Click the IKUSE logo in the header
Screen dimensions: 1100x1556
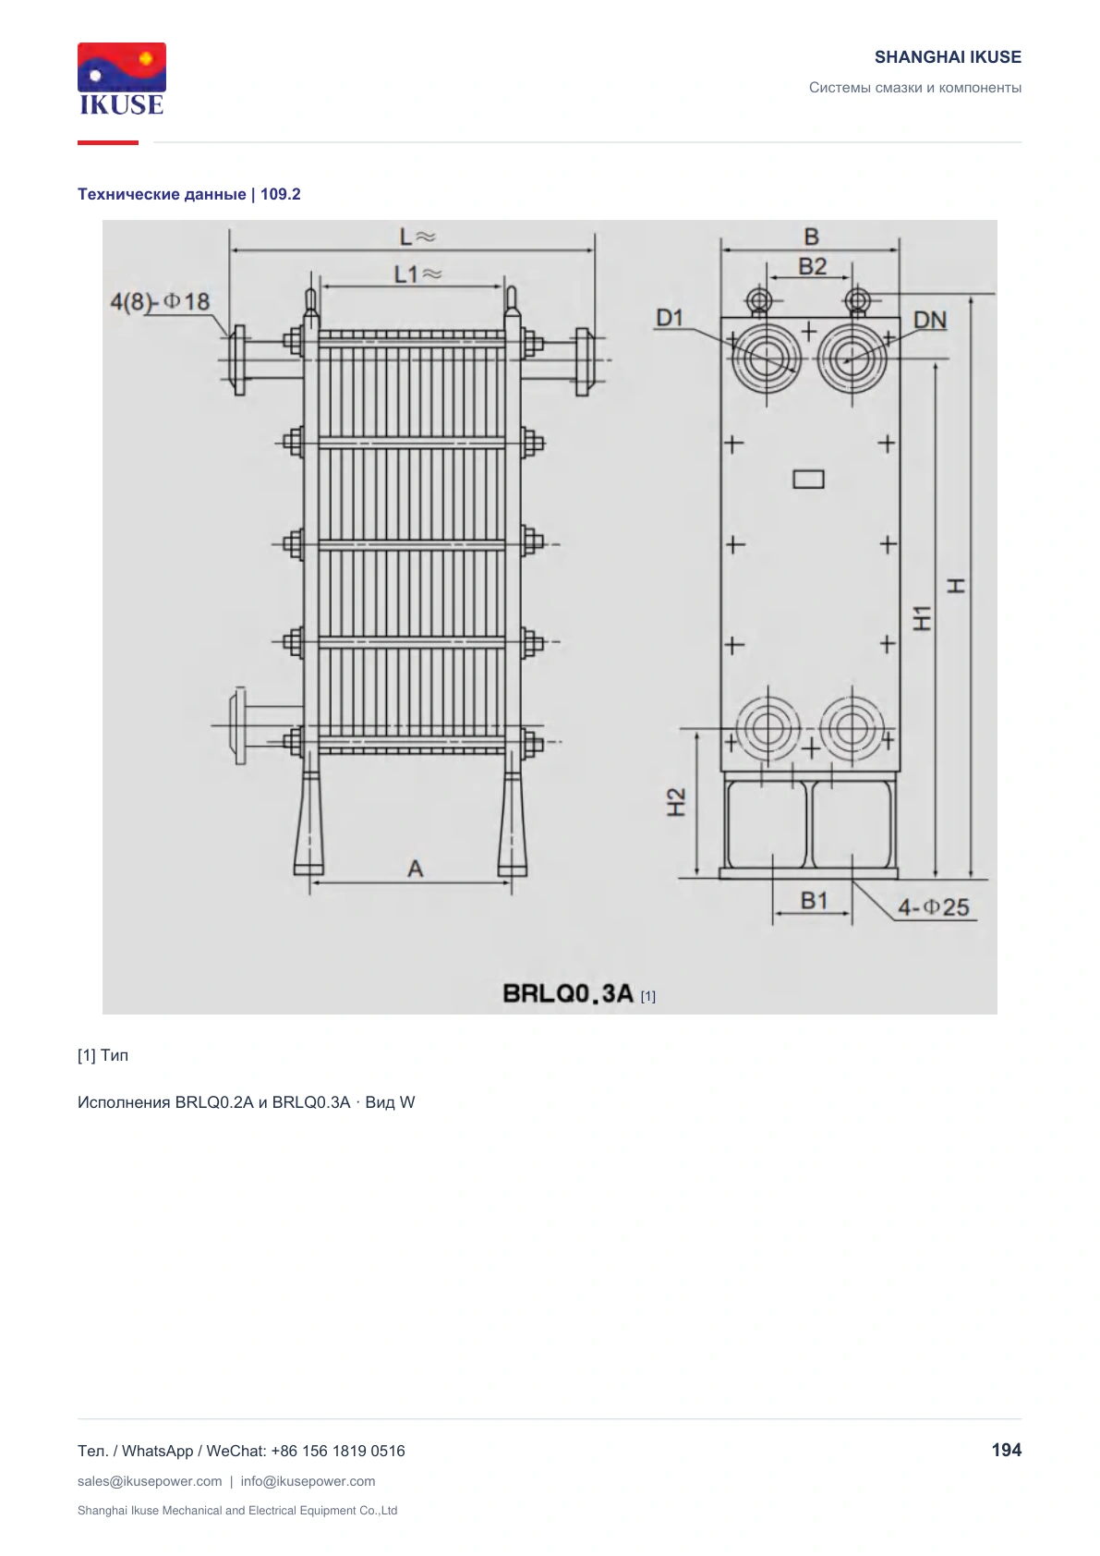click(122, 79)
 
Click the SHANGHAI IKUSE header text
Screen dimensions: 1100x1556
click(948, 57)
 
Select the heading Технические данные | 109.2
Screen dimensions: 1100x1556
click(189, 194)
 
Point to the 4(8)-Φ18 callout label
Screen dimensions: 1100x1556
click(160, 301)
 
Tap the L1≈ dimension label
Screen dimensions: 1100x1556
click(418, 274)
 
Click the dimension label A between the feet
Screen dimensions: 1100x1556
click(415, 869)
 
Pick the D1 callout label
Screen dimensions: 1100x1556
click(670, 318)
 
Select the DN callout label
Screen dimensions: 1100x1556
click(930, 321)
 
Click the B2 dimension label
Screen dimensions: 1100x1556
click(812, 267)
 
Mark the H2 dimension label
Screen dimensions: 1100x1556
click(676, 802)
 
